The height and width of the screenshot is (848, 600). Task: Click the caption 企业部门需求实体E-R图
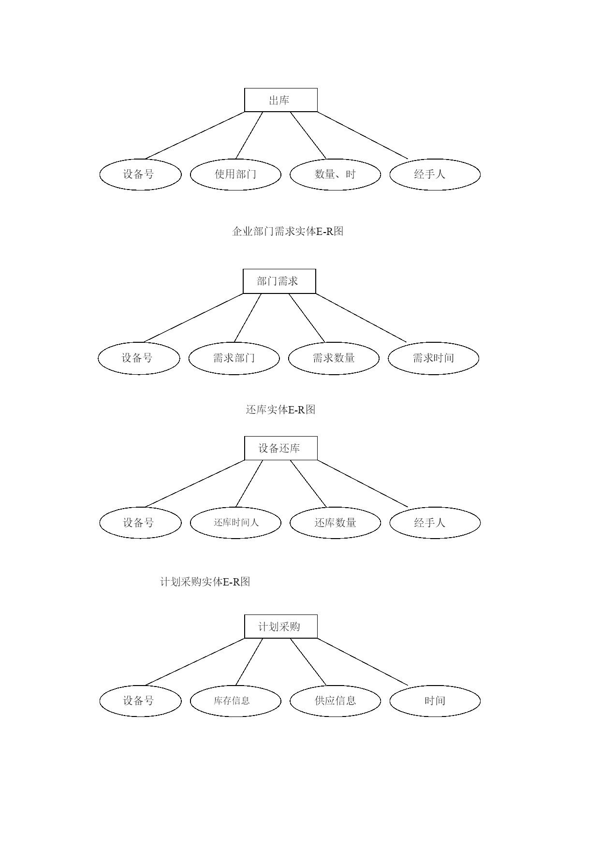tap(288, 231)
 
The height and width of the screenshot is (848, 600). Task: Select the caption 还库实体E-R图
tap(280, 409)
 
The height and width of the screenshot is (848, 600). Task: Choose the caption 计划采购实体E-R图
tap(205, 582)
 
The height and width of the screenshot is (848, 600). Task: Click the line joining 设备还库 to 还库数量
tap(308, 483)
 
